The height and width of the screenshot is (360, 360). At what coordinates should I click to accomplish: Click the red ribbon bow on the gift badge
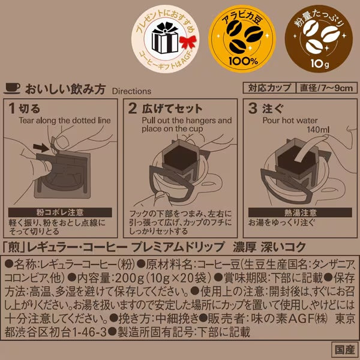[188, 43]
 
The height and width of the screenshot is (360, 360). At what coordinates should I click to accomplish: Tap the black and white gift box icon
[165, 38]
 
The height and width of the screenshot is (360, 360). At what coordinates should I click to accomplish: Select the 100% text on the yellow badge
[243, 61]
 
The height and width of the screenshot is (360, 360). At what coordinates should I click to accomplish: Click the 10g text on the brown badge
[320, 64]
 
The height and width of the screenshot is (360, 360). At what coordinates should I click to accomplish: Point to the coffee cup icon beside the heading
[12, 88]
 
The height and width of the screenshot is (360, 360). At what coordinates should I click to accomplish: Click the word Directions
[131, 91]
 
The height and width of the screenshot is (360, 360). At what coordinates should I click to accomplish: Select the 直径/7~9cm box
[326, 88]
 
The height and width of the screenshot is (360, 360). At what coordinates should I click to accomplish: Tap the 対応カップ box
[269, 88]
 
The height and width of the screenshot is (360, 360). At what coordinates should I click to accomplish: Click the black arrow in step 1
[41, 147]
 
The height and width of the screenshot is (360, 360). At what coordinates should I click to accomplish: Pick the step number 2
[133, 108]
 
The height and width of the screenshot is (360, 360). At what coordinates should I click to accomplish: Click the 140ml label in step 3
[318, 130]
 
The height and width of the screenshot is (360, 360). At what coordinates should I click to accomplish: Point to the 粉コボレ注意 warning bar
[60, 212]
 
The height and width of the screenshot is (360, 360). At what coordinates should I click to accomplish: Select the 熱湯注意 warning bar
[300, 212]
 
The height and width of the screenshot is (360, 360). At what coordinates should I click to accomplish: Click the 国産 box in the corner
[344, 350]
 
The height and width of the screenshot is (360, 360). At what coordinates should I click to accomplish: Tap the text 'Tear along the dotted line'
[65, 121]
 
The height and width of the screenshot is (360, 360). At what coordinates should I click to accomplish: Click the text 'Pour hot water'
[290, 121]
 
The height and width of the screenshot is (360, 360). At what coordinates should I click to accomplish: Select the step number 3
[253, 108]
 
